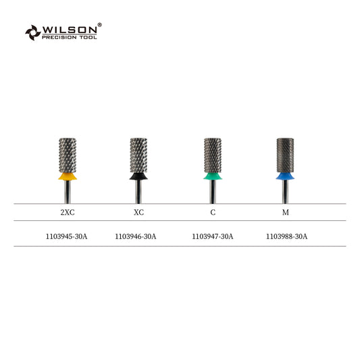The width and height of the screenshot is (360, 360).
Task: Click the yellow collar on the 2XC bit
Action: tap(68, 176)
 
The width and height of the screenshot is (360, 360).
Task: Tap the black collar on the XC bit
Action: tap(138, 176)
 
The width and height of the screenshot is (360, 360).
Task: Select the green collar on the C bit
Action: tap(213, 176)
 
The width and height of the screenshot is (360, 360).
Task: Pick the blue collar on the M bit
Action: tap(285, 176)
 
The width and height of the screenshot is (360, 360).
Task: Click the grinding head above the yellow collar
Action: tap(68, 155)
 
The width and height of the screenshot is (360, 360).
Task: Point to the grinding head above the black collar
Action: tap(138, 155)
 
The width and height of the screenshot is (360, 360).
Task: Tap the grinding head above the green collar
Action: tap(213, 155)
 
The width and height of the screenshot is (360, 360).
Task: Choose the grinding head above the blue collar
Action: tap(285, 155)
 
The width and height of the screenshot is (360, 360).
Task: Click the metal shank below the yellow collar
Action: tap(68, 192)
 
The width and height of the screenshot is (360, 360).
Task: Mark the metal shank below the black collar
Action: tap(138, 192)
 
